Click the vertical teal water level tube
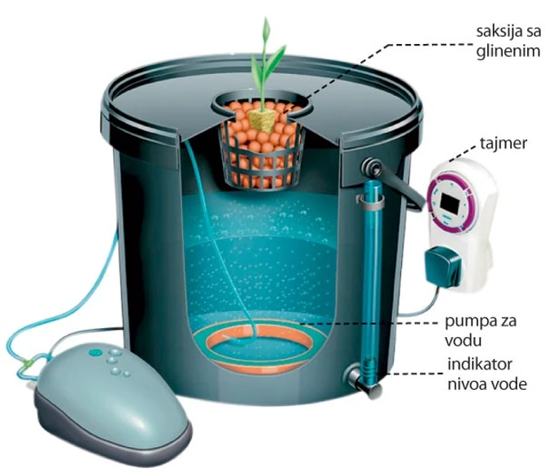coord(371,277)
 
